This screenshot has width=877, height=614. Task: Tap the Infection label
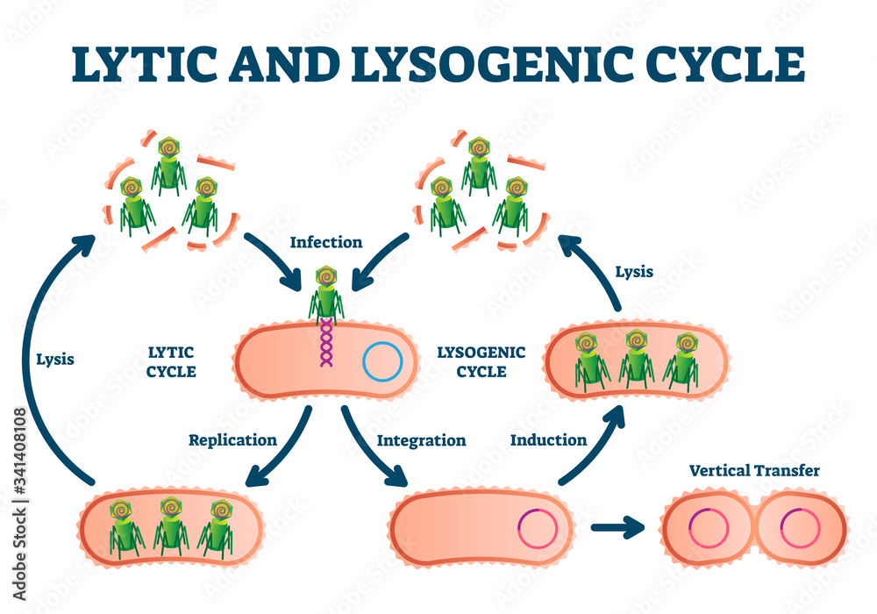point(326,241)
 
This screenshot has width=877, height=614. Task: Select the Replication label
point(232,439)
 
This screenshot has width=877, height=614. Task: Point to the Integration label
point(421,439)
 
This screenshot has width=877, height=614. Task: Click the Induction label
point(548,439)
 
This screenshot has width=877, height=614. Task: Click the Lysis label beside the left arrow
point(56,358)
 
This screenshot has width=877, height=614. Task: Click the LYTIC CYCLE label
point(171,361)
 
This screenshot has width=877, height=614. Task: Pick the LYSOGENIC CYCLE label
point(481,361)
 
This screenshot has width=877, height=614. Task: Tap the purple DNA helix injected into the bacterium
point(326,342)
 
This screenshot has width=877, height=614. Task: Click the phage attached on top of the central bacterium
point(326,289)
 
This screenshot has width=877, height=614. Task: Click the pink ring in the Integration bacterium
point(537,529)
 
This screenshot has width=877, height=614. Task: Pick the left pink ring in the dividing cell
point(709,529)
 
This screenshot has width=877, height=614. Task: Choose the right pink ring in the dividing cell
point(800,529)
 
